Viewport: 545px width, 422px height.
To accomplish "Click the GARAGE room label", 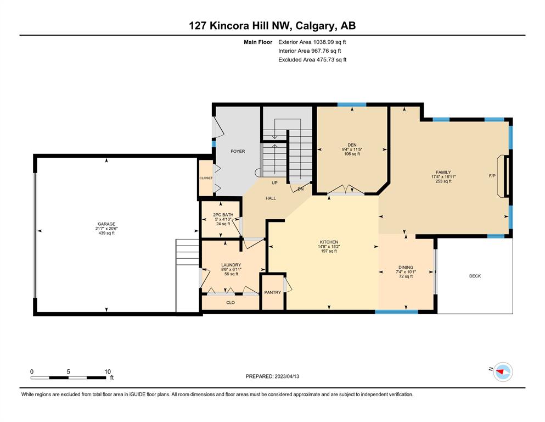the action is point(106,224).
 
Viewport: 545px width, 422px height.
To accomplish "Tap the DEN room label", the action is point(352,145).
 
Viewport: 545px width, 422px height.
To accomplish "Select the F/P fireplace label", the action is point(492,176).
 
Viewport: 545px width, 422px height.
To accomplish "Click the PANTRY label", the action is point(272,292).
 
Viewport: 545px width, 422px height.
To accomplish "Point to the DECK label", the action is point(475,276).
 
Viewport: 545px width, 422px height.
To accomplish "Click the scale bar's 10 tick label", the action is point(108,371).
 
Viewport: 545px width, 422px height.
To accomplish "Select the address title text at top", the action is point(272,26).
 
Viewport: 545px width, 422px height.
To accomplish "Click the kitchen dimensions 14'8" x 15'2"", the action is point(329,247).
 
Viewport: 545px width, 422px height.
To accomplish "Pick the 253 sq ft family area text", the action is point(443,181).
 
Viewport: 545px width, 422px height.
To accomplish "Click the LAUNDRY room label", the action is point(231,265).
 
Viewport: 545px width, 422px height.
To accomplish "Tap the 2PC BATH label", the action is point(223,215).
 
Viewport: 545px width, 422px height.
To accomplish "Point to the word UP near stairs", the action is point(274,183).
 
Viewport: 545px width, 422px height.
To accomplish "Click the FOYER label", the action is point(238,151).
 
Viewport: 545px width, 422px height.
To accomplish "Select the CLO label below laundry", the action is point(231,303).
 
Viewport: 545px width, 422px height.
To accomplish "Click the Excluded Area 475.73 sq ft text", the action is point(312,59).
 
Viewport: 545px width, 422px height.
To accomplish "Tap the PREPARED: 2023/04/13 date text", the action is point(272,376).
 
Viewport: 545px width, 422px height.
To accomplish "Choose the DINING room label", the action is point(406,268).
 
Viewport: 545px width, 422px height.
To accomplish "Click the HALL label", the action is point(271,198).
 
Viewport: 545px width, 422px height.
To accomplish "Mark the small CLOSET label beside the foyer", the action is point(206,178).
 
